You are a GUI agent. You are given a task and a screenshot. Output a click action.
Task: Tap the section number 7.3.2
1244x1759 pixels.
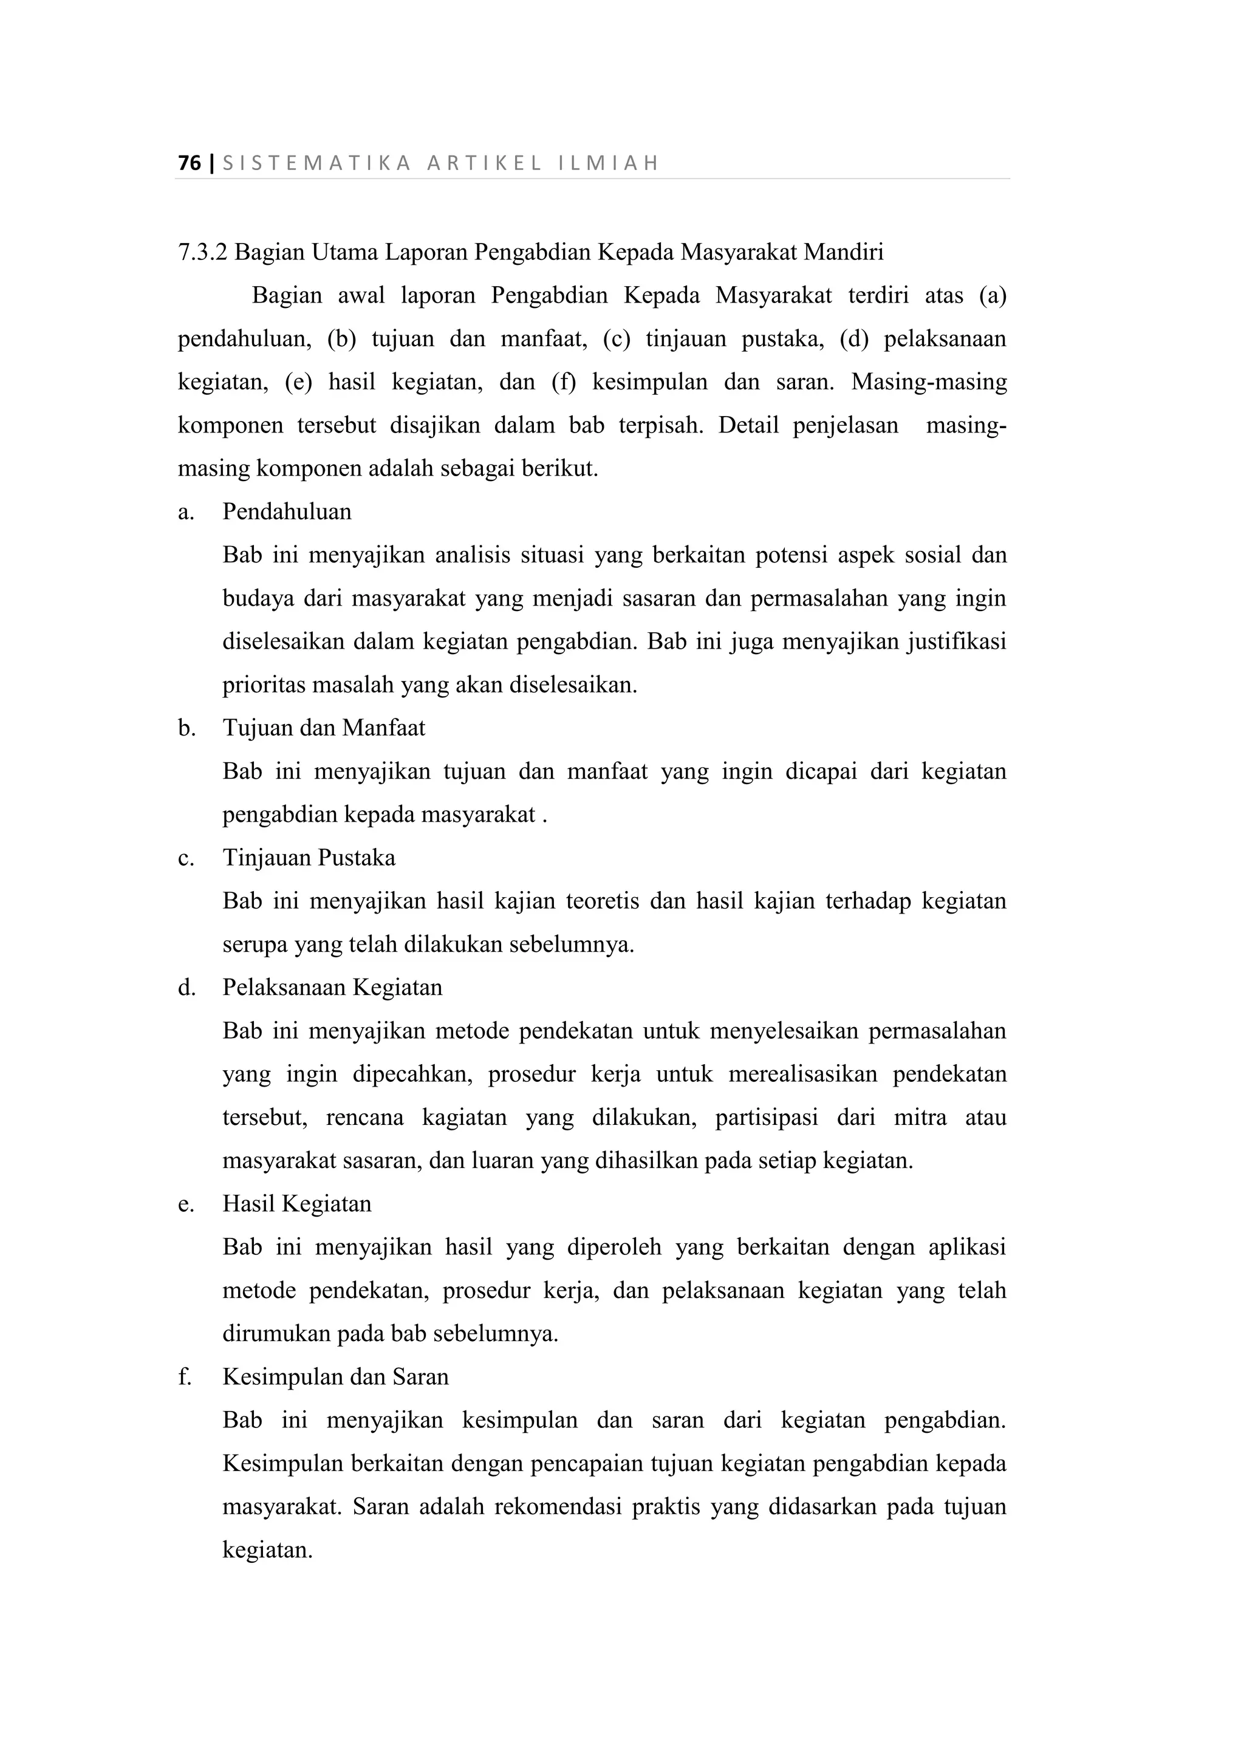click(202, 252)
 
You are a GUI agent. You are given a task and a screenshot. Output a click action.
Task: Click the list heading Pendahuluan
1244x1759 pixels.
click(287, 512)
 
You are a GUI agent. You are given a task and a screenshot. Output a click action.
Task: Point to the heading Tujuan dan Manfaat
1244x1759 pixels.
click(323, 728)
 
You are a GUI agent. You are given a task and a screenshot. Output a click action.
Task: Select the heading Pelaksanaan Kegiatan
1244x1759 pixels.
click(332, 988)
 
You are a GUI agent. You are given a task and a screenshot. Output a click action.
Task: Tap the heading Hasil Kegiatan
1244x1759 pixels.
click(296, 1204)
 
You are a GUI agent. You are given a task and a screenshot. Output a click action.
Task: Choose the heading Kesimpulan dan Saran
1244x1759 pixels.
click(335, 1378)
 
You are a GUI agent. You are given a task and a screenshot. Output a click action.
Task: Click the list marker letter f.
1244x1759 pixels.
click(184, 1378)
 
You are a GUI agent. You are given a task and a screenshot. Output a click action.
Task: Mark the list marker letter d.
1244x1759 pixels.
click(186, 988)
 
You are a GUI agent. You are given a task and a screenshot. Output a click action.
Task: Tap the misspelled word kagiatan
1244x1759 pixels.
click(464, 1118)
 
